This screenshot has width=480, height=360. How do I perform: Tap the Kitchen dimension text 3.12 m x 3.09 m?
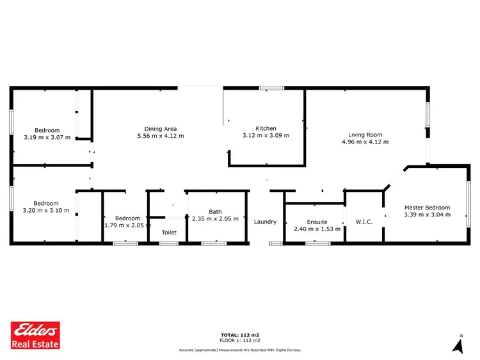[x=266, y=136]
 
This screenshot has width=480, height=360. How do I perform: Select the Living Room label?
[x=365, y=135]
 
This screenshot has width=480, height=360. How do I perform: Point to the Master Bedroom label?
[x=427, y=208]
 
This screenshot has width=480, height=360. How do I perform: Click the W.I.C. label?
[x=364, y=222]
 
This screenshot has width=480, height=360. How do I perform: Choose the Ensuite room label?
[x=317, y=222]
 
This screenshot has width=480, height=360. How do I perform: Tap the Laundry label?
[x=265, y=222]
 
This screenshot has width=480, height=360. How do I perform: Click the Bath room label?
[x=215, y=212]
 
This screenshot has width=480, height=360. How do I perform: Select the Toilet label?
[x=169, y=233]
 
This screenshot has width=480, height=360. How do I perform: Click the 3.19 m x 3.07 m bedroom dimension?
[x=47, y=137]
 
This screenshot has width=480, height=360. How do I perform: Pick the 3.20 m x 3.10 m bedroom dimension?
[x=46, y=210]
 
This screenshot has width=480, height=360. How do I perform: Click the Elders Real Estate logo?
[x=36, y=335]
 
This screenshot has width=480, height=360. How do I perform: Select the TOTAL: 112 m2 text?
[x=240, y=335]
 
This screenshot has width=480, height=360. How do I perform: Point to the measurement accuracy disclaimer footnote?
[x=240, y=350]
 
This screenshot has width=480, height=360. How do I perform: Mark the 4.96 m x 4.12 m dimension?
[x=365, y=142]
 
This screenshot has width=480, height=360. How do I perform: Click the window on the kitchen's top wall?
[x=271, y=88]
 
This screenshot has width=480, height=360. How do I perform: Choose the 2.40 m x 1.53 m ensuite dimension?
[x=317, y=229]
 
